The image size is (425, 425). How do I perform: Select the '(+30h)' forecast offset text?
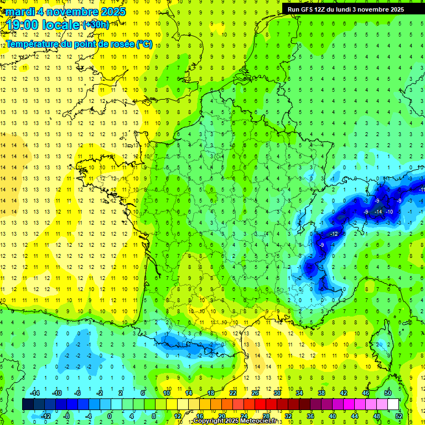click(x=95, y=25)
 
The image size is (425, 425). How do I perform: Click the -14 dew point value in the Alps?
click(x=379, y=212)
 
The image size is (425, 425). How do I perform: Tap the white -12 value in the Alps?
click(x=333, y=234)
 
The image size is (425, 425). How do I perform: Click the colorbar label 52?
click(x=398, y=416)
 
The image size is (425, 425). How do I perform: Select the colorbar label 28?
click(x=266, y=416)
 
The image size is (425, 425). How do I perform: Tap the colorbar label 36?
click(x=310, y=416)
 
